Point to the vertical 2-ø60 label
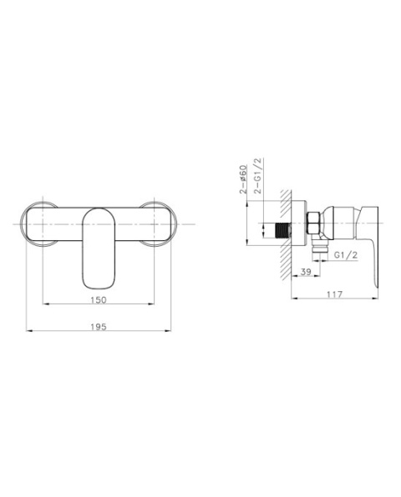(243, 180)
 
